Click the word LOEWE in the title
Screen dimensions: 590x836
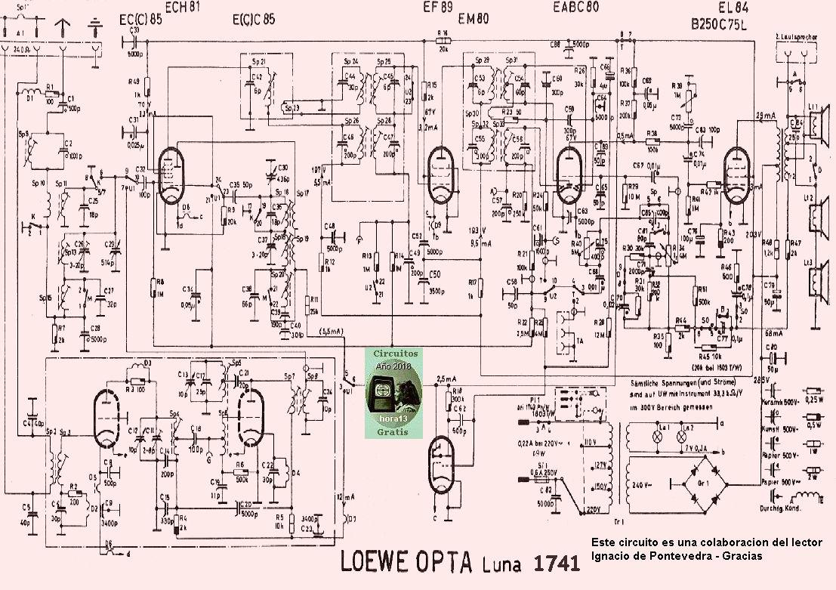(374, 562)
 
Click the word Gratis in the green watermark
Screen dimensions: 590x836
(392, 432)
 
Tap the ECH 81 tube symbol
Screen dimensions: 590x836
(171, 169)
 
